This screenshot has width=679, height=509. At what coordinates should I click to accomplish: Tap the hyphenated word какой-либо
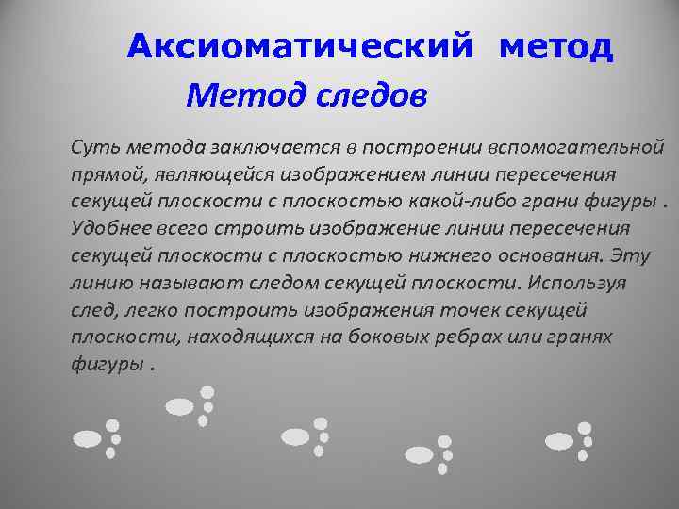click(491, 202)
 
